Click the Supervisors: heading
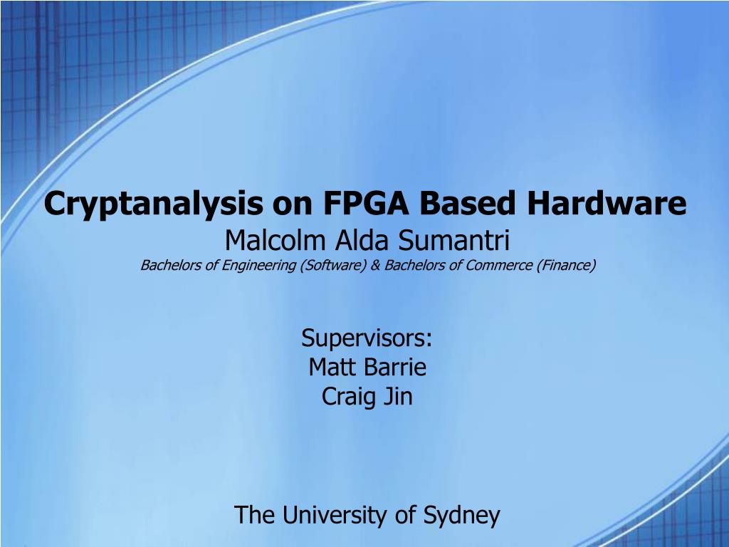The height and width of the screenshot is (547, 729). tap(367, 337)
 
